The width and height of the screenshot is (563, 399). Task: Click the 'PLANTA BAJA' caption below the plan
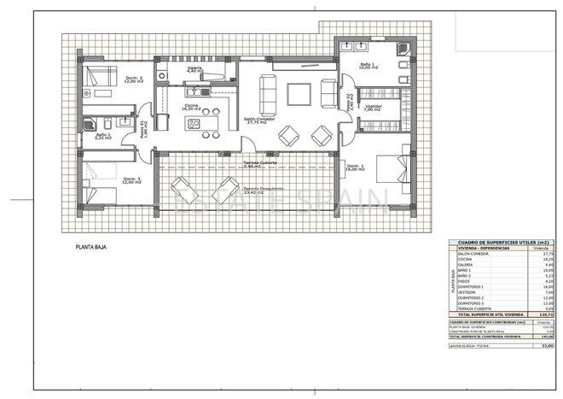pyautogui.click(x=91, y=248)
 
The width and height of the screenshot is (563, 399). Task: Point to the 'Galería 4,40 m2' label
pyautogui.click(x=195, y=68)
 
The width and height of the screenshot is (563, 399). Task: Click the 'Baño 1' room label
pyautogui.click(x=368, y=68)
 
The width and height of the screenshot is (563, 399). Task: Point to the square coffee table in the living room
pyautogui.click(x=299, y=92)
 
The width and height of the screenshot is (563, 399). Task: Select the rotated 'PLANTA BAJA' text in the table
pyautogui.click(x=452, y=281)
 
